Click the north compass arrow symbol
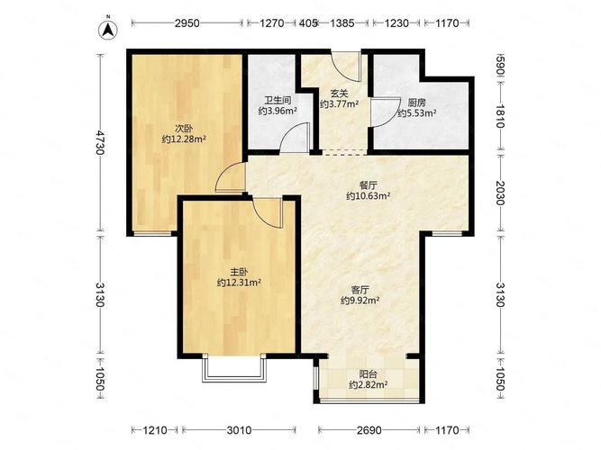(108, 29)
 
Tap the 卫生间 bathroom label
(278, 101)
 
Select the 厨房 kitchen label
(416, 103)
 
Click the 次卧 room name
(184, 129)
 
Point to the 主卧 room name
(239, 272)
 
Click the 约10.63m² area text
(368, 196)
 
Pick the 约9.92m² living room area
(360, 301)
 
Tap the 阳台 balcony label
(368, 374)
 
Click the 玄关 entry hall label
(339, 93)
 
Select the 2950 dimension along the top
(187, 23)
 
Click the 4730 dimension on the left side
(100, 142)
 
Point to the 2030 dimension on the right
(500, 193)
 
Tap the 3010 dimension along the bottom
(239, 430)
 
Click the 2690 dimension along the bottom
(369, 430)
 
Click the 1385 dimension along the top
(341, 23)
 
